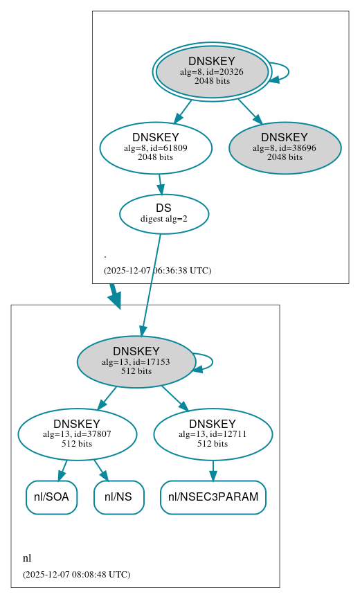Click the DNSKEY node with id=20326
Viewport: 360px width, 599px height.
click(212, 71)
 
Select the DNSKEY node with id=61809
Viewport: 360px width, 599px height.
click(156, 147)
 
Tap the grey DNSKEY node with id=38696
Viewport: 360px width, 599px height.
click(285, 147)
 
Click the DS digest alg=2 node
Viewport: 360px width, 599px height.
click(164, 213)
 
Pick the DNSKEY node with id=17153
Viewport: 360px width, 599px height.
click(136, 361)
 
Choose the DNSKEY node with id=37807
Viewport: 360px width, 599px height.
click(77, 434)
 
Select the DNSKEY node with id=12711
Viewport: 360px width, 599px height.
click(213, 434)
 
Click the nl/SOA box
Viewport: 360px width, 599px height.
click(51, 497)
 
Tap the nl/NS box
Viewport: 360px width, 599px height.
click(118, 497)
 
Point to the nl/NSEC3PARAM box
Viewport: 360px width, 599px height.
click(213, 497)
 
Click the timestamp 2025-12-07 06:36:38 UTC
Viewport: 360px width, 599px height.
click(157, 271)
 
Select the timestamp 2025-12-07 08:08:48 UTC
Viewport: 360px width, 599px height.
click(76, 575)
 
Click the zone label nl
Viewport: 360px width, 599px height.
click(27, 558)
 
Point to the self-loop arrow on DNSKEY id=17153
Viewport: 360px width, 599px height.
click(210, 361)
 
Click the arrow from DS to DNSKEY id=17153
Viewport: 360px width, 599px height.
click(152, 284)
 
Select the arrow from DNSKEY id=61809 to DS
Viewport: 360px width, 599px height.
click(160, 184)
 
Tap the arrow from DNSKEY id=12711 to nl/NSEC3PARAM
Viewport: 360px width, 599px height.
click(213, 470)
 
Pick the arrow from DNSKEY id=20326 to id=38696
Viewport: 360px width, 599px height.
click(249, 110)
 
